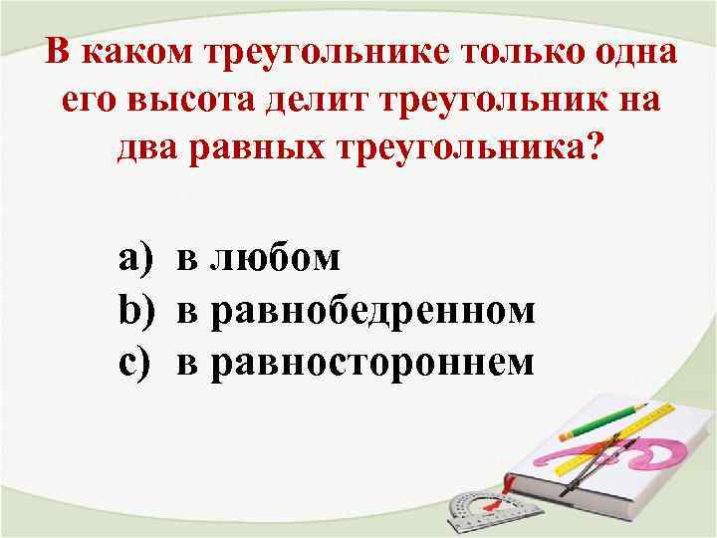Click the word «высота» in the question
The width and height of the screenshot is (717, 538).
[x=176, y=100]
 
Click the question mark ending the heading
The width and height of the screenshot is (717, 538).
[x=594, y=149]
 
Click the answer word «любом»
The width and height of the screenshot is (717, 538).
[x=259, y=259]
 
